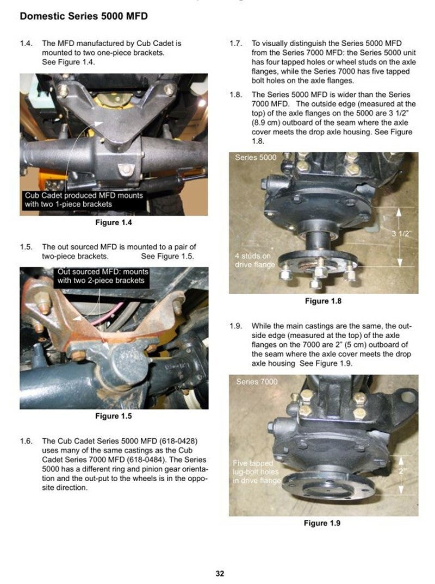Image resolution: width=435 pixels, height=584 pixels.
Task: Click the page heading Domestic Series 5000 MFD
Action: coord(84,16)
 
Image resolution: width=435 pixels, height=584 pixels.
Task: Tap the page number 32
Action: coord(220,573)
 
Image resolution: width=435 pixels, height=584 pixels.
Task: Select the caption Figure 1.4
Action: coord(114,222)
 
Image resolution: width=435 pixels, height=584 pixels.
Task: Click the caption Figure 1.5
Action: coord(114,415)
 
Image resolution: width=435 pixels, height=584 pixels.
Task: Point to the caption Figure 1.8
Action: coord(323,301)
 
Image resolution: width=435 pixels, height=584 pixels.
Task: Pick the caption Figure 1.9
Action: coord(322,523)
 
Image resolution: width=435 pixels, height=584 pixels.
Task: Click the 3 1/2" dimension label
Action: coord(401,234)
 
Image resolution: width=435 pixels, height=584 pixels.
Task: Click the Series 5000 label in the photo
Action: coord(256,158)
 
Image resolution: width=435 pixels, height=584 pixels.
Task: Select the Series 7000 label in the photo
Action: coord(257,382)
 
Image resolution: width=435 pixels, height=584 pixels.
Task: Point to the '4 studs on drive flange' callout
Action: coord(254,260)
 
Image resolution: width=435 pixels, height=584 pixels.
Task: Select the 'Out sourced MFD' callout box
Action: coord(101,277)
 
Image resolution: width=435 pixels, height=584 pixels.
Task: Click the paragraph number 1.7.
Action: coord(236,43)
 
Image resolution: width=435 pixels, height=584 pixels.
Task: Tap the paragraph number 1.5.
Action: coord(26,246)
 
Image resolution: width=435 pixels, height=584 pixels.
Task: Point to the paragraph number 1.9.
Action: coord(236,326)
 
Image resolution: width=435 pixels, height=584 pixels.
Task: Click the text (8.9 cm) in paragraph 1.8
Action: coord(266,122)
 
